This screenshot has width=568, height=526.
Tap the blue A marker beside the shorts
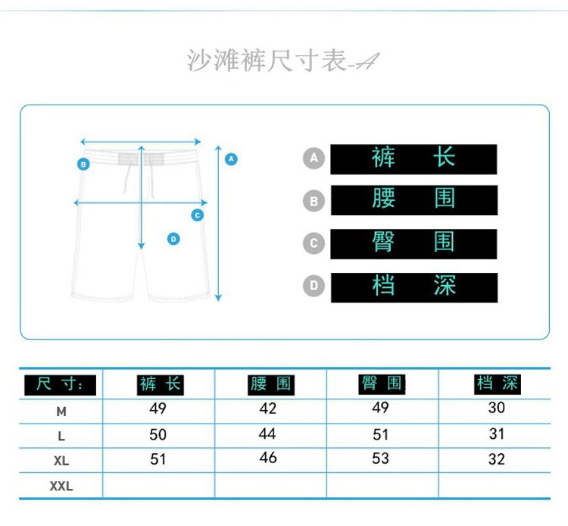click(x=232, y=159)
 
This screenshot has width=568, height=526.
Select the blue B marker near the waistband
click(x=83, y=164)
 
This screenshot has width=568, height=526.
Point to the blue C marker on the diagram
click(x=198, y=214)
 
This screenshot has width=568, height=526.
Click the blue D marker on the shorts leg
click(x=173, y=239)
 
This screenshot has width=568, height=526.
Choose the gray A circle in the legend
click(x=314, y=158)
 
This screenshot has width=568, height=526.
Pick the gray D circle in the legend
click(x=314, y=286)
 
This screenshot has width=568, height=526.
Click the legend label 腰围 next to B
click(x=414, y=200)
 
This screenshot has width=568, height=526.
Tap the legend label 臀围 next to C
click(x=414, y=243)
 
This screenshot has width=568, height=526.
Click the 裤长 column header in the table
click(x=160, y=384)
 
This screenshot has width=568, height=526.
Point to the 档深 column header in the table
click(x=497, y=384)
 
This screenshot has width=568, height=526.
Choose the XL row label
click(x=61, y=461)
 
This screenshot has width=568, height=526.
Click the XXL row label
click(x=61, y=486)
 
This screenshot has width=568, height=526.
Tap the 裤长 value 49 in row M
click(x=158, y=409)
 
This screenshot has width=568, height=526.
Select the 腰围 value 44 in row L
click(x=267, y=434)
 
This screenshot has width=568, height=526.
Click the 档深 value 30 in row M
click(x=497, y=409)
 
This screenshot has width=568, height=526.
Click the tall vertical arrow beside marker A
click(x=218, y=224)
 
